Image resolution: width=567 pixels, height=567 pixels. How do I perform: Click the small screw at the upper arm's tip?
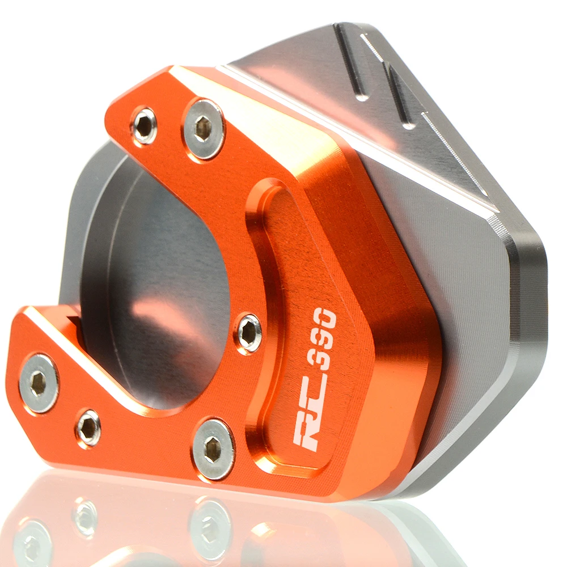144,125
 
